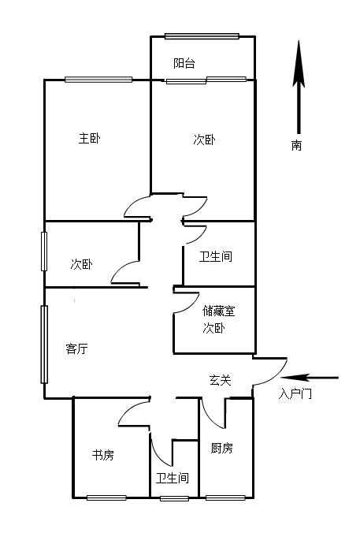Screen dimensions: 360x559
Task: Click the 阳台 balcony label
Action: coord(184,63)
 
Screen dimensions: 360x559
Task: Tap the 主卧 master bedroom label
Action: coord(89,138)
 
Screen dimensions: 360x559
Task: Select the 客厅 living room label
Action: coord(76,348)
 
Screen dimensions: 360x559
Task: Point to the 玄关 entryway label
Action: coord(220,380)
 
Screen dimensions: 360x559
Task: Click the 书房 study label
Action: coord(102,455)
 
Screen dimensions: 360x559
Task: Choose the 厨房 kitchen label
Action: coord(221,448)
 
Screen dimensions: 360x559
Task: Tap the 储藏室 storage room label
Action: coord(219,311)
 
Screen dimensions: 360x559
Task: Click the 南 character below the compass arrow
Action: coord(296,145)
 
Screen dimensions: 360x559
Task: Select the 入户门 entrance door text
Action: coord(295,394)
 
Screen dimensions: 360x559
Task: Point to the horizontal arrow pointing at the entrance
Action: coord(310,378)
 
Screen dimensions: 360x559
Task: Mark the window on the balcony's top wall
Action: coord(202,36)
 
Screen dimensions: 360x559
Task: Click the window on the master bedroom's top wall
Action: coord(98,80)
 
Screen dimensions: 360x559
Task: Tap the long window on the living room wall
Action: coord(44,345)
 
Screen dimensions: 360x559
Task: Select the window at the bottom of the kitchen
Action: coord(225,498)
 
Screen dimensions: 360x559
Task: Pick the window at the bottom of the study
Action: coord(106,498)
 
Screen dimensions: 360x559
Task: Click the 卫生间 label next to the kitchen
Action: coord(173,478)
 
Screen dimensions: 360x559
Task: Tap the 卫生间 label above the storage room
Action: coord(215,257)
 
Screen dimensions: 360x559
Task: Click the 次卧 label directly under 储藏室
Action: coord(213,328)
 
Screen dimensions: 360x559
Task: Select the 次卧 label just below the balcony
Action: coord(204,140)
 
